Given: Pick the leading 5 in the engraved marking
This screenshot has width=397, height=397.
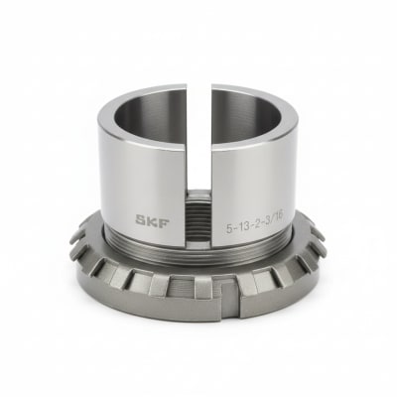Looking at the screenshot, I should pyautogui.click(x=229, y=212).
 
